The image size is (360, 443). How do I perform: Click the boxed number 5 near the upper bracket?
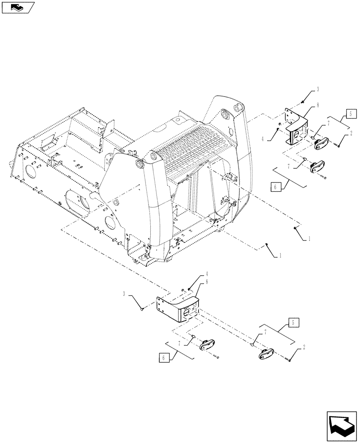click(350, 114)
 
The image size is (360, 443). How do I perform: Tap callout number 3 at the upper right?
click(318, 90)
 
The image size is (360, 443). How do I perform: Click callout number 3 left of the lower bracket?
click(125, 293)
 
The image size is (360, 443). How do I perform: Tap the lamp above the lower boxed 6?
click(207, 346)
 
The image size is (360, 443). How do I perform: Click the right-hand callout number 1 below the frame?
click(309, 238)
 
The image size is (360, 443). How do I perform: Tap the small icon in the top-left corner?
click(17, 7)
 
